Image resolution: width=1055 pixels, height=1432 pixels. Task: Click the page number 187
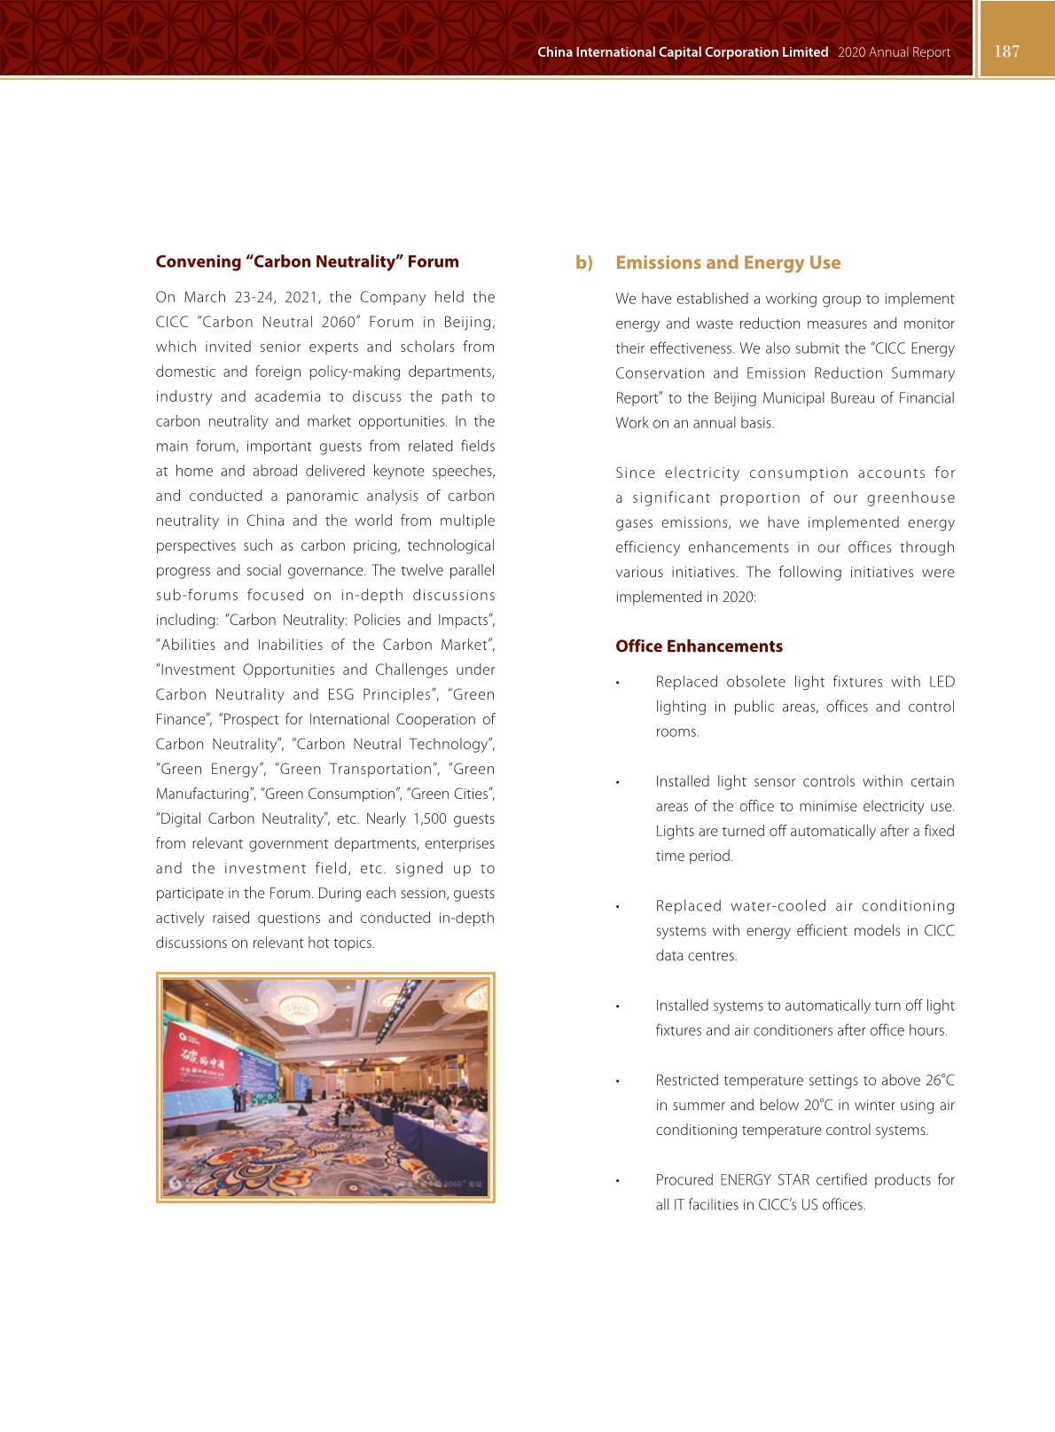[x=1007, y=51]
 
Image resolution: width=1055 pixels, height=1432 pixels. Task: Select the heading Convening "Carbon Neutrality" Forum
[x=307, y=262]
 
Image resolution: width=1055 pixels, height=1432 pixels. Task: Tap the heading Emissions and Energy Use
[x=727, y=262]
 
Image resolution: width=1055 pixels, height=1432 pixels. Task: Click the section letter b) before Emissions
[x=583, y=262]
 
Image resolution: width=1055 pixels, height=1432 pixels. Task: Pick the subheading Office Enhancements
[x=699, y=646]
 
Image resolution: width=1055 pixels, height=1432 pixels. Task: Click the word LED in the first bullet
[x=941, y=682]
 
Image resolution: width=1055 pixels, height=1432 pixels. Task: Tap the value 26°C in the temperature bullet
[x=940, y=1080]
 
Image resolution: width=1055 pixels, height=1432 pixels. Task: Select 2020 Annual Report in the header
[x=893, y=52]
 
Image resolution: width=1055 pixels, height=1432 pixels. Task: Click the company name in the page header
[x=683, y=52]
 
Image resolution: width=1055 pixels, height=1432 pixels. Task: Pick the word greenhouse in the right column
[x=910, y=497]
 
